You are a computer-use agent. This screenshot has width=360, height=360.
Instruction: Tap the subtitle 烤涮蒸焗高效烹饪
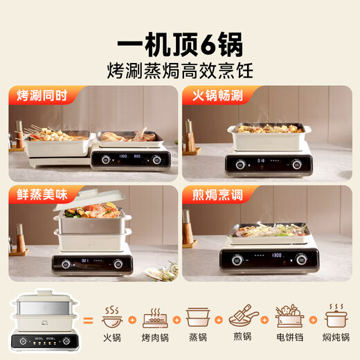(179, 70)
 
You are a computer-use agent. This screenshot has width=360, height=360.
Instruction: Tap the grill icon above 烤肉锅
(155, 316)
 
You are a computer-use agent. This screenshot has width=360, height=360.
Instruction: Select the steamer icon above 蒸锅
(198, 316)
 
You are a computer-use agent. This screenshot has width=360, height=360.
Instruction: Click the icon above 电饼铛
(289, 316)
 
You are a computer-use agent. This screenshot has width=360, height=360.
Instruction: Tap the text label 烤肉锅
(155, 338)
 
